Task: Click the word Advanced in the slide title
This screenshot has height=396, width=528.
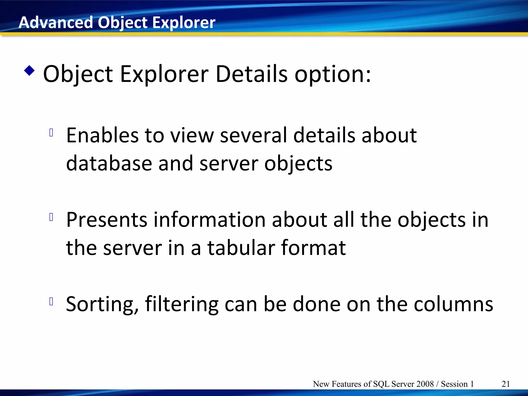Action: pos(55,22)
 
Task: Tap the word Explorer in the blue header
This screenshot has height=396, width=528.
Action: pos(184,22)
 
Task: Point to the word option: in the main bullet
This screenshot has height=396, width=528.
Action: pos(333,75)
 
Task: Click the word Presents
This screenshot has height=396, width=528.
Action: pos(106,220)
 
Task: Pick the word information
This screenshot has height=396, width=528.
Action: pos(210,220)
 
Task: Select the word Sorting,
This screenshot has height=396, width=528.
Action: pos(102,304)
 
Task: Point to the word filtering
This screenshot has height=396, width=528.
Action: pos(182,304)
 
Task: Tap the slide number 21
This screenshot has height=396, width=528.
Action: pos(506,384)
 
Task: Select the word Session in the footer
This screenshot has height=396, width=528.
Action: pos(454,384)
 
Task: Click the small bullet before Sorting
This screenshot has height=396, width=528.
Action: pos(51,301)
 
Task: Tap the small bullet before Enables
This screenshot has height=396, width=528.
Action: pos(51,133)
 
